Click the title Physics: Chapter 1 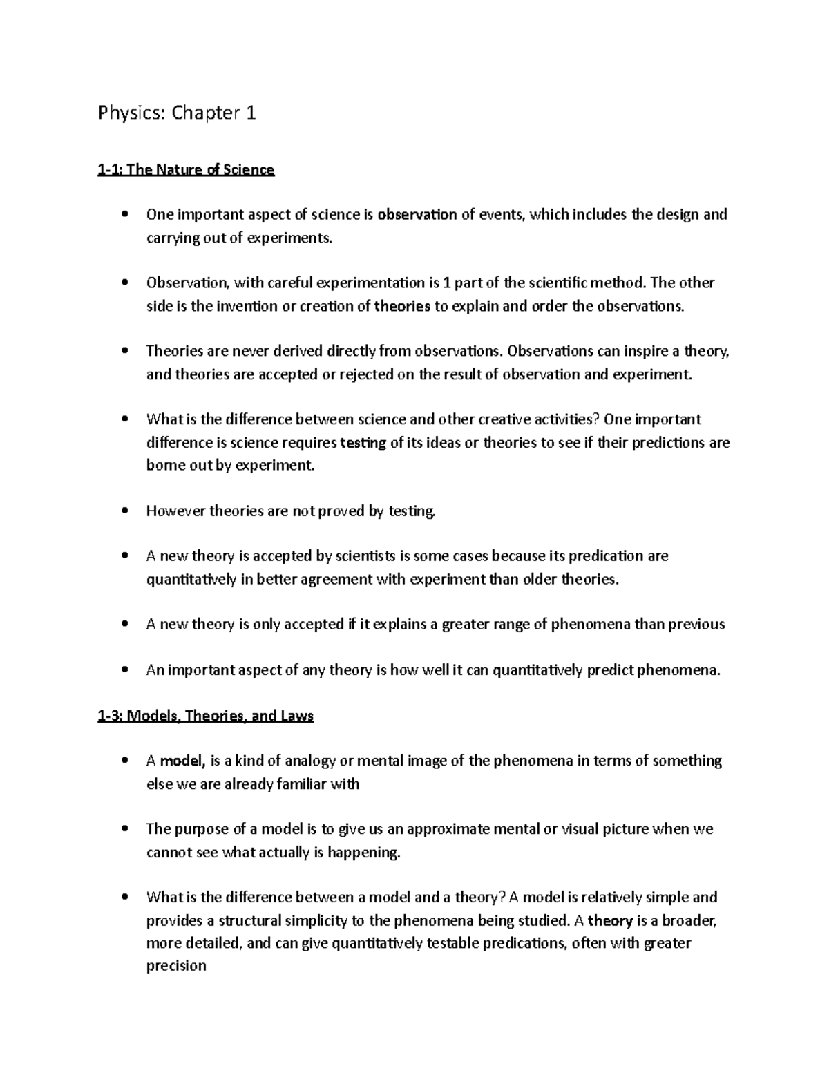[x=177, y=113]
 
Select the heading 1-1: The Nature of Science [x=186, y=169]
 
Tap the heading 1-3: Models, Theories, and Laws [x=206, y=716]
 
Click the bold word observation [x=417, y=214]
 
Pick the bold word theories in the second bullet [x=402, y=306]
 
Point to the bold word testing [x=363, y=442]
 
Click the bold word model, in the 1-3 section [x=182, y=761]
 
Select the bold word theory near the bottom [x=610, y=920]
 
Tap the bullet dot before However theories [x=124, y=511]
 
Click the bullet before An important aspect [x=124, y=670]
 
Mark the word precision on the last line [x=176, y=966]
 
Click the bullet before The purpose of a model [x=124, y=829]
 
